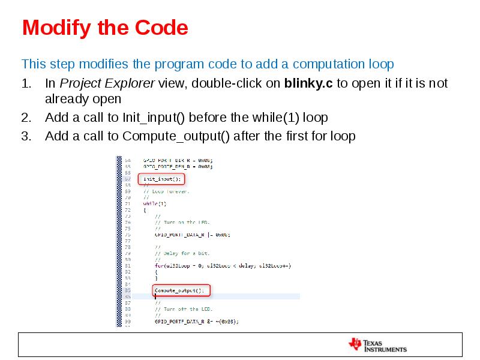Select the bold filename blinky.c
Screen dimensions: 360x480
tap(308, 83)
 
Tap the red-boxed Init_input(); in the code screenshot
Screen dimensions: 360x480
tap(161, 179)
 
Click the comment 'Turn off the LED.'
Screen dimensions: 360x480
tap(185, 309)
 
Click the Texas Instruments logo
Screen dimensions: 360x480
tap(377, 344)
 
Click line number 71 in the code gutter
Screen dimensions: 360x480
tap(127, 204)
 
